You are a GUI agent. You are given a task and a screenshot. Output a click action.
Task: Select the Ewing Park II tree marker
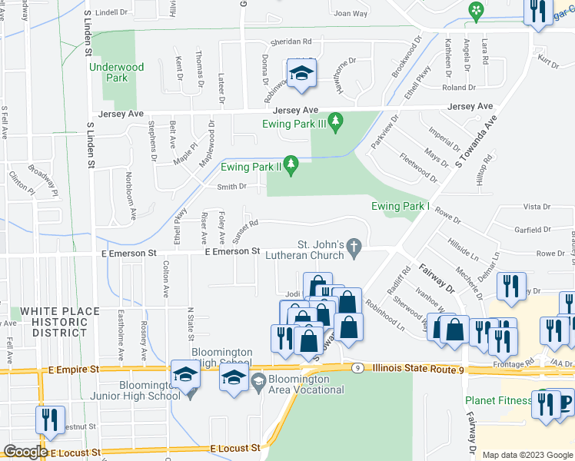pyautogui.click(x=291, y=164)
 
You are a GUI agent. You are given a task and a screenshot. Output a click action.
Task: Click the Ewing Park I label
pyautogui.click(x=399, y=206)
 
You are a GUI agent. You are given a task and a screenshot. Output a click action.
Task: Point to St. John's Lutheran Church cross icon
pyautogui.click(x=354, y=247)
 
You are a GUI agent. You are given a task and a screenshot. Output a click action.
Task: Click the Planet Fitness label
pyautogui.click(x=497, y=400)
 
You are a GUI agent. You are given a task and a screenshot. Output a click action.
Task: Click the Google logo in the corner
pyautogui.click(x=25, y=452)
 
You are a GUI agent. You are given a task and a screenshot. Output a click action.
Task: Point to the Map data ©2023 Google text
pyautogui.click(x=527, y=454)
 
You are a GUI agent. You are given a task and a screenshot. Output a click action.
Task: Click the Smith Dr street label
pyautogui.click(x=231, y=186)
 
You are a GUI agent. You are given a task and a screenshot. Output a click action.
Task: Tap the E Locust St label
pyautogui.click(x=235, y=448)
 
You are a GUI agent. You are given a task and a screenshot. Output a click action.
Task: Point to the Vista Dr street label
pyautogui.click(x=536, y=207)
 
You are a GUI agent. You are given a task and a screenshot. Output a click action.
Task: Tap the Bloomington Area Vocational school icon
pyautogui.click(x=259, y=380)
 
